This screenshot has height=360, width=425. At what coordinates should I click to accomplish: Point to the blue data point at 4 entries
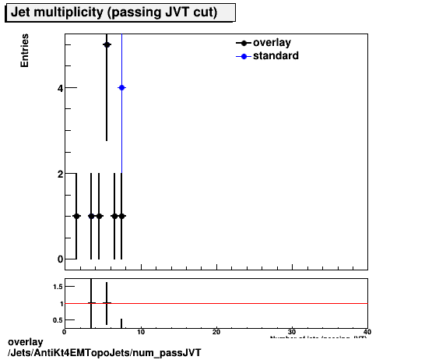point(121,87)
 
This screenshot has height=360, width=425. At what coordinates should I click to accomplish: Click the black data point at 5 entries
point(107,44)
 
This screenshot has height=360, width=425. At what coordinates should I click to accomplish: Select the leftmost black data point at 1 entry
point(76,216)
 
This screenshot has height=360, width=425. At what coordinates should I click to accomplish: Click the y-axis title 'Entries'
point(25,51)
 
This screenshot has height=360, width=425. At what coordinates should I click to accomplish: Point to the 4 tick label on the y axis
point(59,88)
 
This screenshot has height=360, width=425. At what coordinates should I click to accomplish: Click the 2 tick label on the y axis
point(59,174)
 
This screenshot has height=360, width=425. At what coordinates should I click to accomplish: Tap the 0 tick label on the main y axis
point(59,259)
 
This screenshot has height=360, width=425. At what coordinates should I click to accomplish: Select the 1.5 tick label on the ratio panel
point(58,287)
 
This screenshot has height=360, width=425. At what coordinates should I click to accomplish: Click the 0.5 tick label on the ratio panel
point(58,320)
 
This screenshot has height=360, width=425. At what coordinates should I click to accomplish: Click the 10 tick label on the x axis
point(140,333)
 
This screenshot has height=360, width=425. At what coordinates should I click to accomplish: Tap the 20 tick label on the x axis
point(216,333)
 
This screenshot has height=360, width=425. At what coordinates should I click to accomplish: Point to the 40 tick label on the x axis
point(367,333)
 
